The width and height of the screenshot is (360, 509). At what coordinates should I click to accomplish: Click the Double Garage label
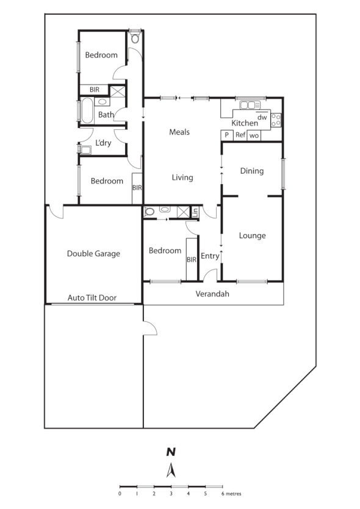point(93,254)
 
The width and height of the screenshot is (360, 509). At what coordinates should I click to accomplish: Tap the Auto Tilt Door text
point(92,298)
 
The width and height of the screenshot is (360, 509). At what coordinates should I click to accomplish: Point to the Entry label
point(209,256)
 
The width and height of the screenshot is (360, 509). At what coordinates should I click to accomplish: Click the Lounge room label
point(252,235)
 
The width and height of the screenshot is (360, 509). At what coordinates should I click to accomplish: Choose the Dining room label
point(251,171)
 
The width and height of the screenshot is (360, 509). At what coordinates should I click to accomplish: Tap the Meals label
point(179,132)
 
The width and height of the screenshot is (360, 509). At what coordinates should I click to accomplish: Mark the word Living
point(182,177)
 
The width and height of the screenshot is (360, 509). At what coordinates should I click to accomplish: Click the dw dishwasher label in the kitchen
point(262,117)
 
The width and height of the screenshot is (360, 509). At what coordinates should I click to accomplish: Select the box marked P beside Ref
point(226,135)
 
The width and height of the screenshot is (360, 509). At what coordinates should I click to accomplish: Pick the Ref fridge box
point(240,135)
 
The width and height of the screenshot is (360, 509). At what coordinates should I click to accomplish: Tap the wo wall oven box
point(254,135)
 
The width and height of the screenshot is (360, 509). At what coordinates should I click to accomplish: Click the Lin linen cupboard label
point(195,212)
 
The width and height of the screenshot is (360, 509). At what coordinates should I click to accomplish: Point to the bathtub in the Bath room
point(85,112)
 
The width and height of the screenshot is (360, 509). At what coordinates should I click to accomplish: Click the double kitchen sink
point(249,105)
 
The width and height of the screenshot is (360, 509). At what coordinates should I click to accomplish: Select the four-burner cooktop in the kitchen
point(276,120)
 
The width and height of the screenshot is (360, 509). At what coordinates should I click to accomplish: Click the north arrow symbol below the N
point(171,470)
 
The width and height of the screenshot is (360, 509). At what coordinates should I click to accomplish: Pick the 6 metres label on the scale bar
point(231,493)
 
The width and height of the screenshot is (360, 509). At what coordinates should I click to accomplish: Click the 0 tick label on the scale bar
point(120,493)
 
